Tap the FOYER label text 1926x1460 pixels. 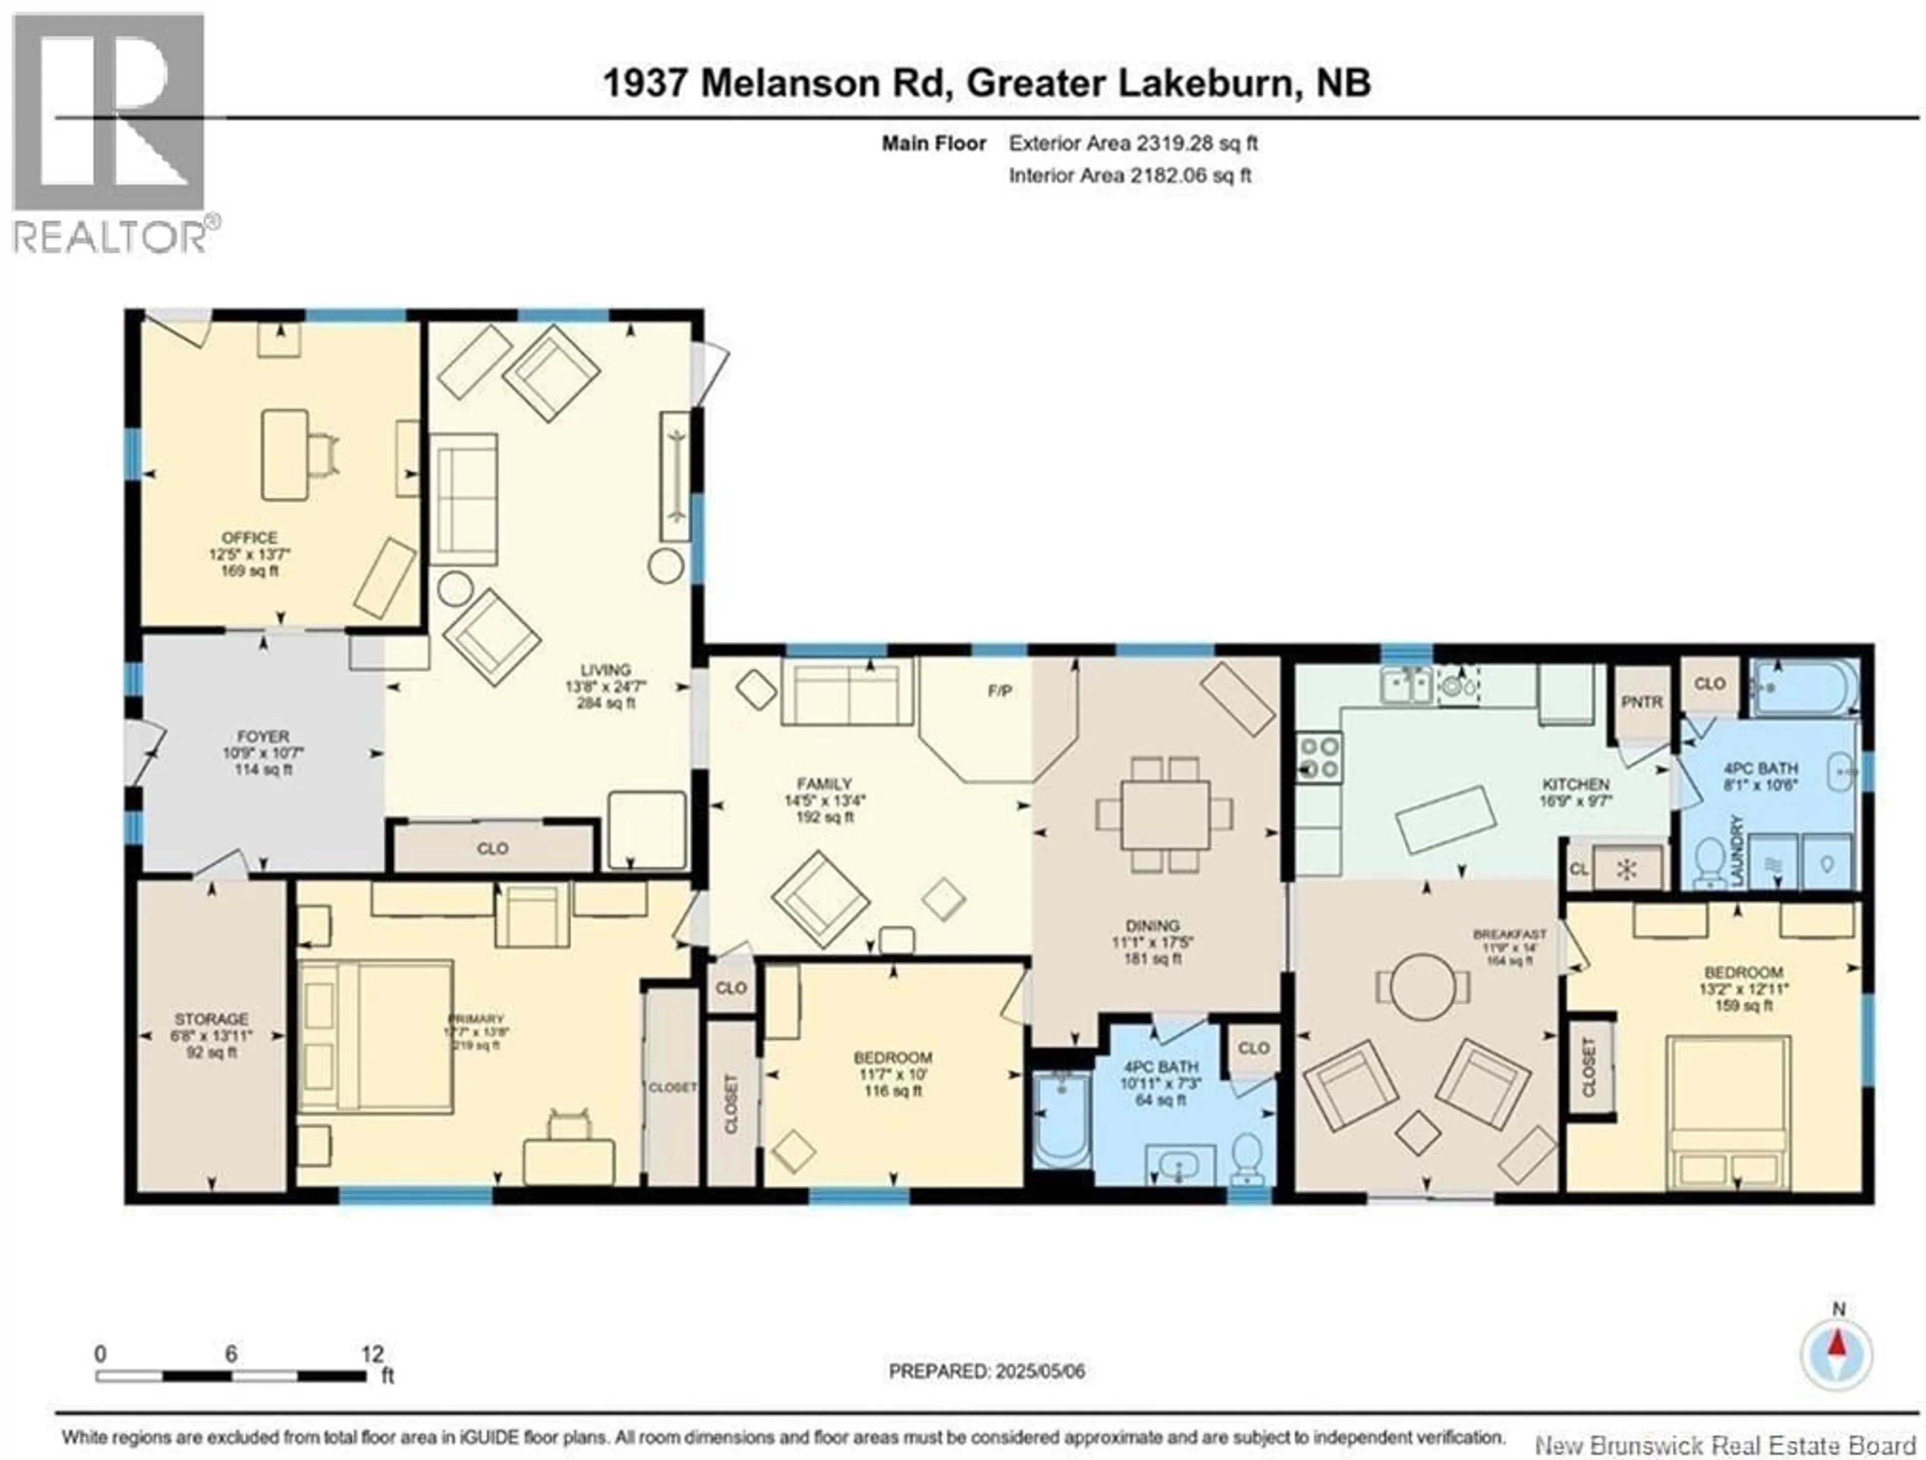[262, 737]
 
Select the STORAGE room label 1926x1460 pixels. [212, 1019]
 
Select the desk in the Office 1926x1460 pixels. [285, 454]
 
